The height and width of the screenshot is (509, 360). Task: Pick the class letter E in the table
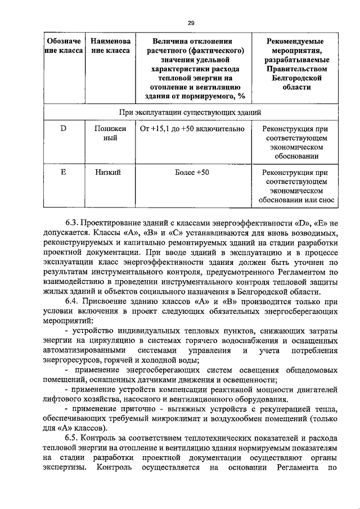[x=64, y=173]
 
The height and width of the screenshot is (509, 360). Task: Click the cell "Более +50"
[x=192, y=173]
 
